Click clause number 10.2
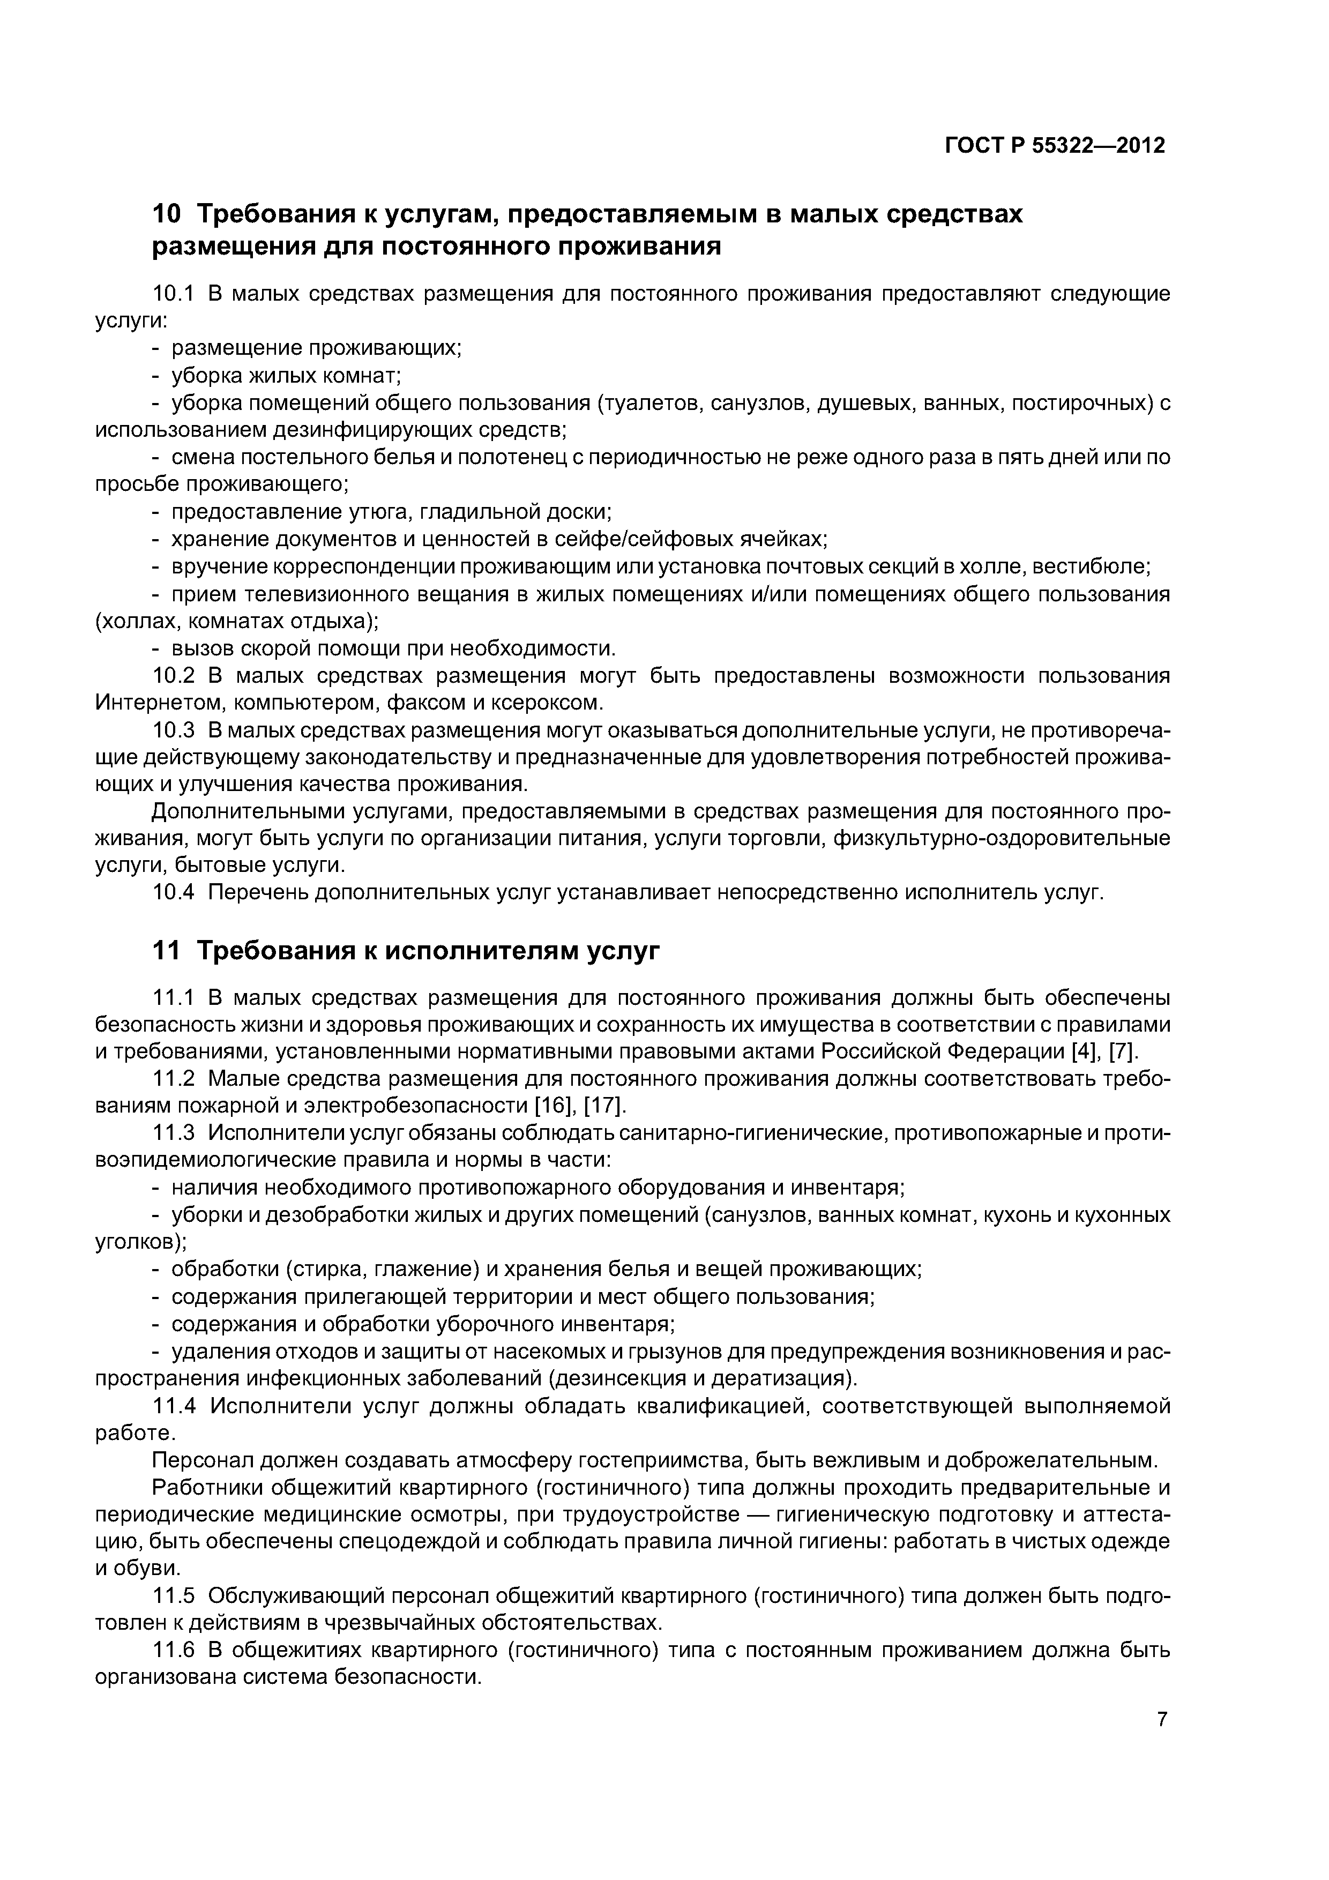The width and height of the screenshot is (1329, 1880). [x=174, y=675]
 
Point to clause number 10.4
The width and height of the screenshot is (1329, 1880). [x=174, y=892]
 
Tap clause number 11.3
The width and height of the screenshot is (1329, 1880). [x=174, y=1132]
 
